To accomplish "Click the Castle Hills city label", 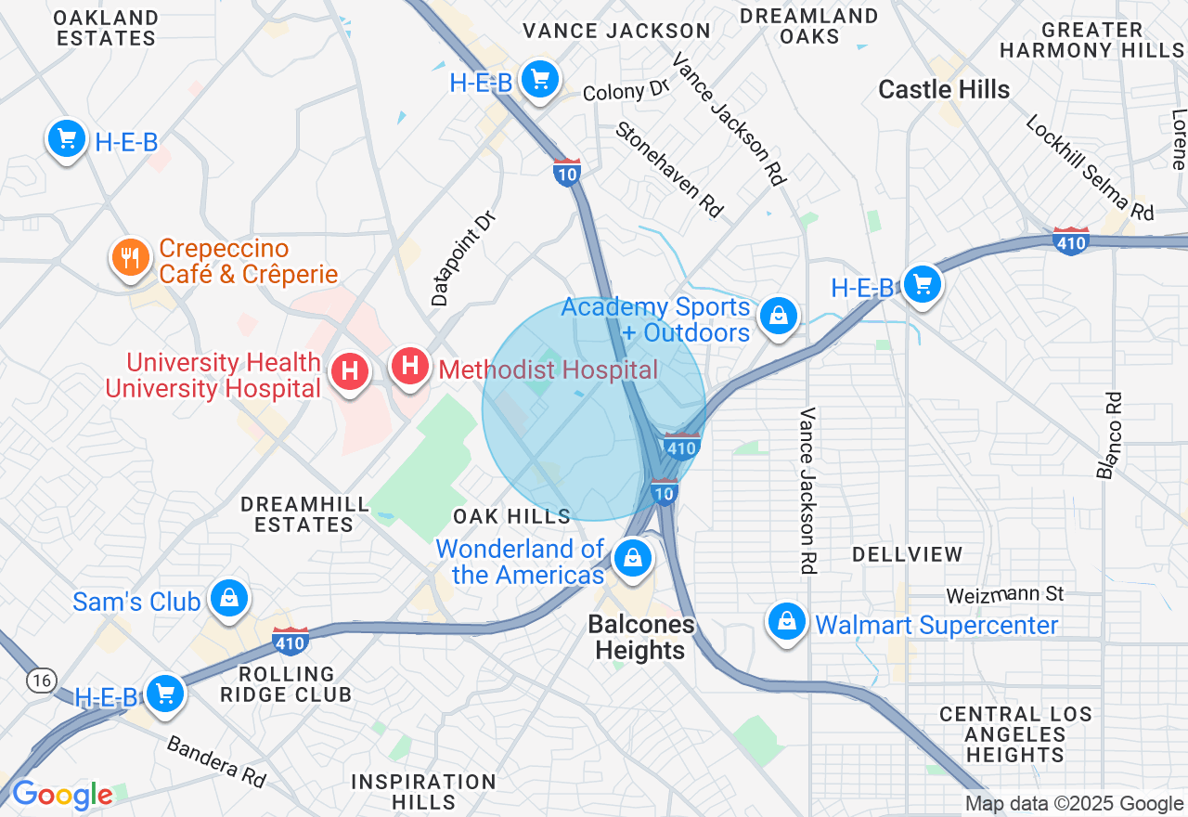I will pyautogui.click(x=944, y=89).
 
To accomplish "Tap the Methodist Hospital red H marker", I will pyautogui.click(x=409, y=367).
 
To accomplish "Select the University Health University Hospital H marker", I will pyautogui.click(x=350, y=372).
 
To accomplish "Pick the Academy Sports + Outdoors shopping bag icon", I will pyautogui.click(x=778, y=317).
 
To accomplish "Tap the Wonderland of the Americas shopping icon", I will pyautogui.click(x=633, y=558).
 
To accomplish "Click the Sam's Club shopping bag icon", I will pyautogui.click(x=228, y=599).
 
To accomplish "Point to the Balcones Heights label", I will pyautogui.click(x=640, y=637).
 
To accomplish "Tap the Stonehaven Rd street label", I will pyautogui.click(x=668, y=170).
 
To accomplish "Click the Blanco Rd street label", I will pyautogui.click(x=1110, y=435).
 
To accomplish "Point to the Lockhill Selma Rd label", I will pyautogui.click(x=1090, y=168).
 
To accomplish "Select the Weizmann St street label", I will pyautogui.click(x=1004, y=594).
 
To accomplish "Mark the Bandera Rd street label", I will pyautogui.click(x=216, y=760).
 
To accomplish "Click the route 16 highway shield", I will pyautogui.click(x=40, y=681).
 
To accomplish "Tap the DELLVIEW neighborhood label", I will pyautogui.click(x=907, y=554).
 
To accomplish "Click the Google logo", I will pyautogui.click(x=61, y=795).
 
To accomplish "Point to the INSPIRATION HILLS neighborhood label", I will pyautogui.click(x=423, y=791).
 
